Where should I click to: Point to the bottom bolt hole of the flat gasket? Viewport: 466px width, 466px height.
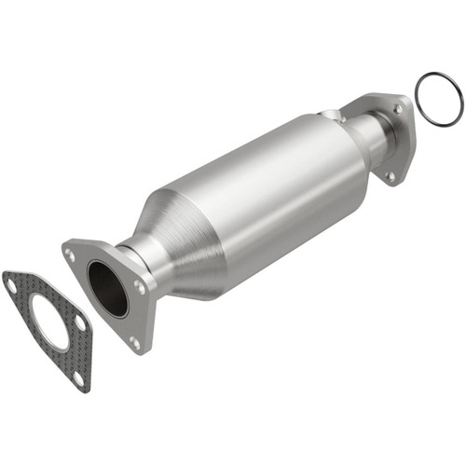[77, 377]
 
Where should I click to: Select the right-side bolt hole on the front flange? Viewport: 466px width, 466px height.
[140, 288]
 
